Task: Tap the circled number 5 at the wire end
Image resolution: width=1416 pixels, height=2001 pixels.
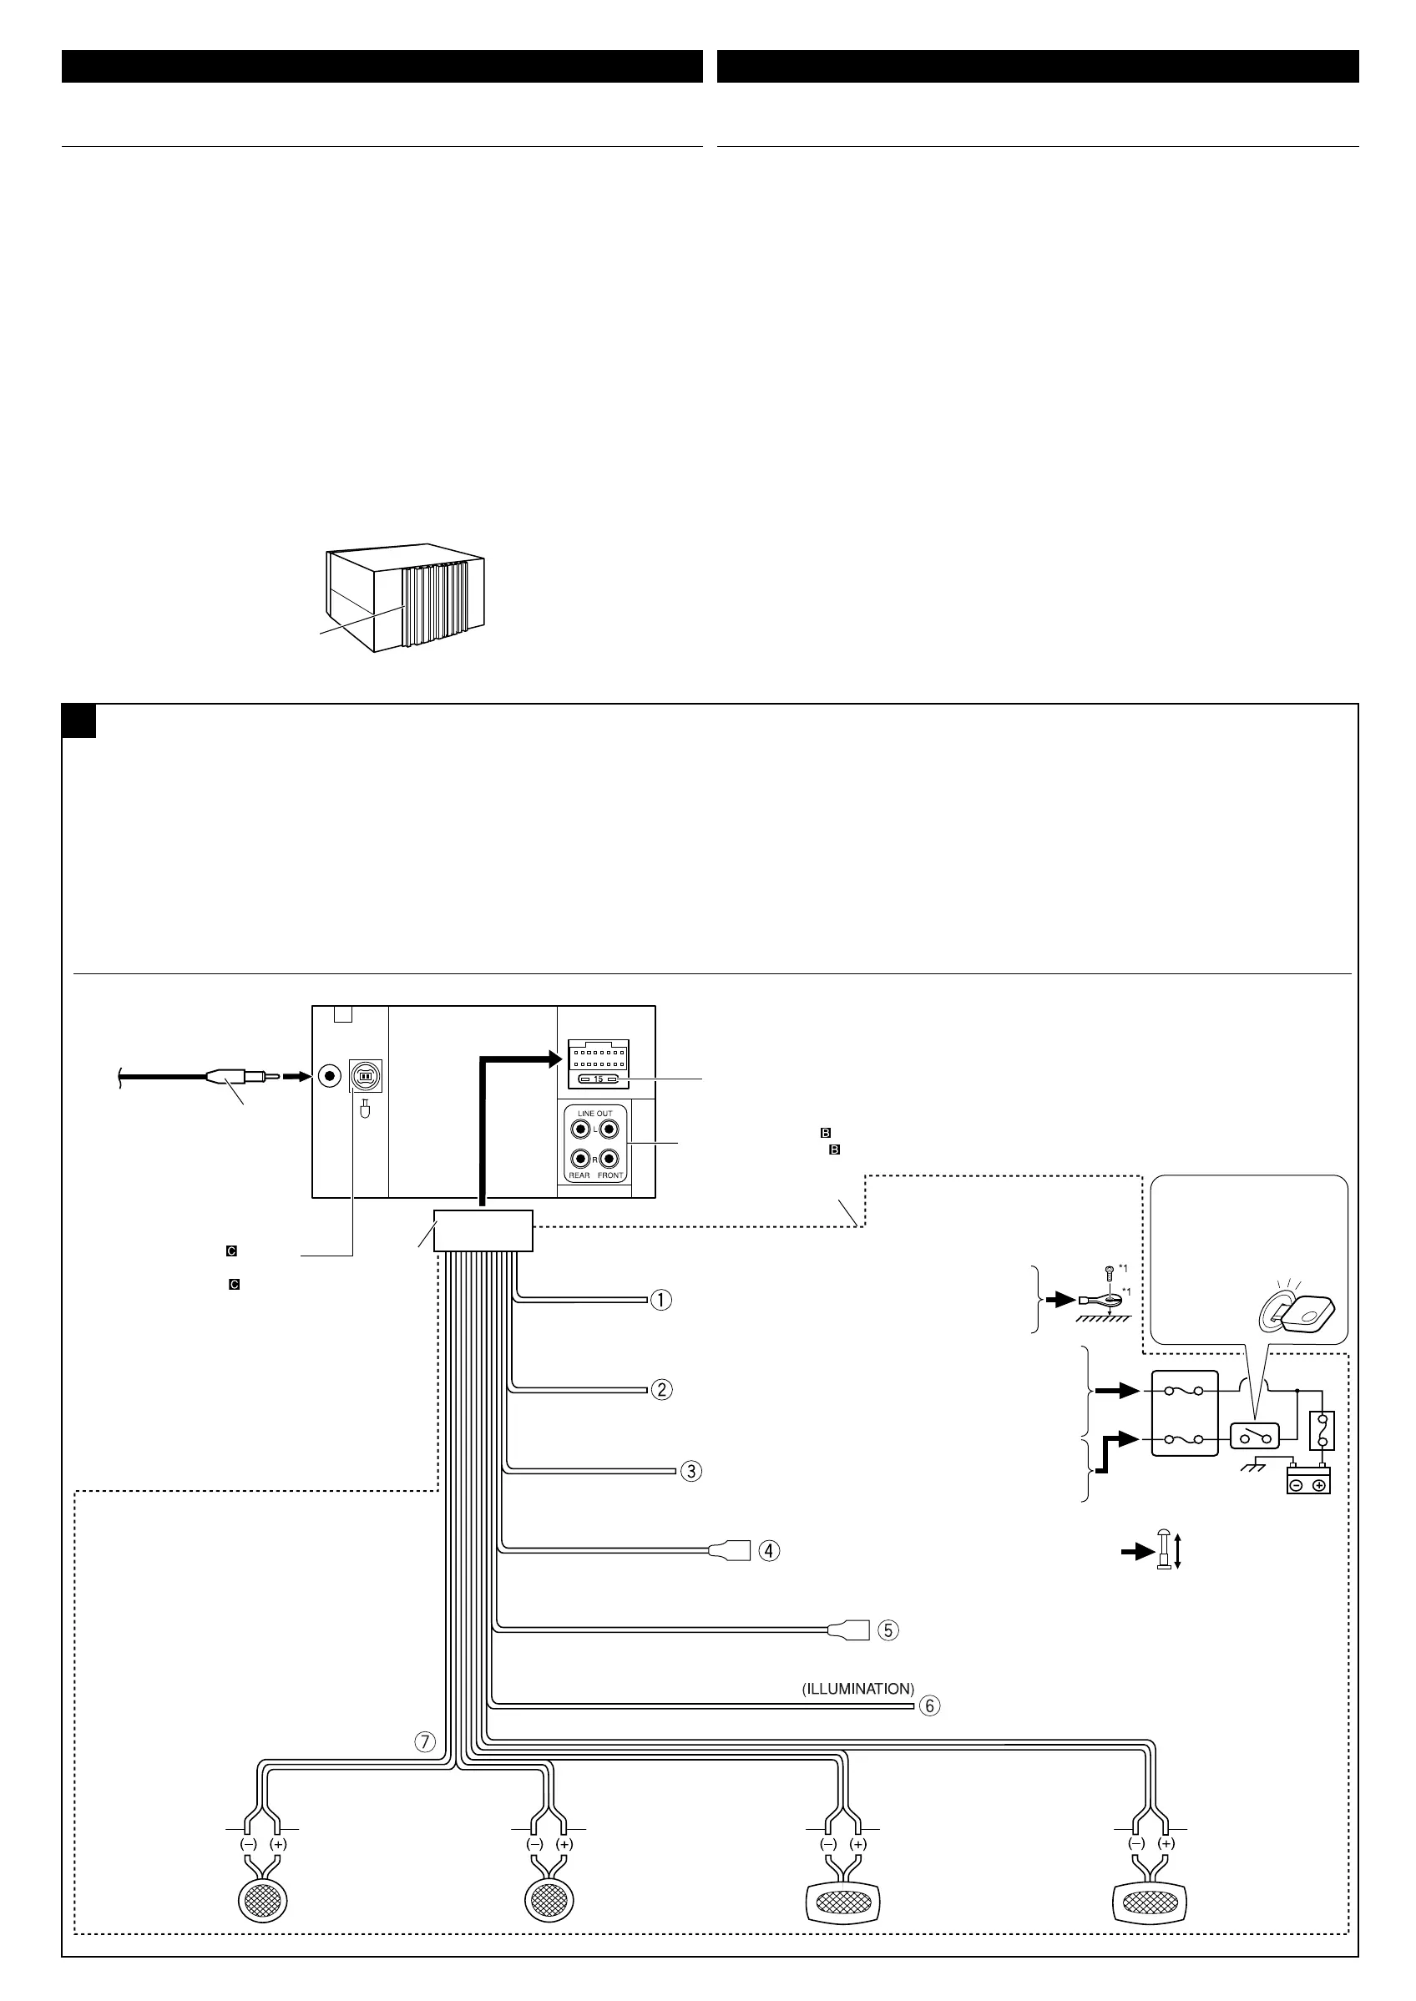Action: coord(888,1630)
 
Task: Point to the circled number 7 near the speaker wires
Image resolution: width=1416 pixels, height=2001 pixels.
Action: coord(424,1742)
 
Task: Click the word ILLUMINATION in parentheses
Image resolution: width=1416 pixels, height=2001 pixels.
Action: coord(858,1688)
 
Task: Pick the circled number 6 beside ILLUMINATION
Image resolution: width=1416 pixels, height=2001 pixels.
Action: coord(930,1705)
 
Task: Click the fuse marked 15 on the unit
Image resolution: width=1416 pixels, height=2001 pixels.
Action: coord(598,1079)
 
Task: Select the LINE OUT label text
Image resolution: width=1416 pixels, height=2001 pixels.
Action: coord(594,1114)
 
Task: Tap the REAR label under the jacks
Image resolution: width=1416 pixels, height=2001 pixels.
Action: coord(579,1175)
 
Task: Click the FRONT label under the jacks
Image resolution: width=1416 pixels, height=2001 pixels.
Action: coord(610,1175)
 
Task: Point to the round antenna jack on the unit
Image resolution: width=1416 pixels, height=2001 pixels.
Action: coord(330,1076)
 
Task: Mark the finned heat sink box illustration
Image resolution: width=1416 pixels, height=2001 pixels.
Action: coord(406,602)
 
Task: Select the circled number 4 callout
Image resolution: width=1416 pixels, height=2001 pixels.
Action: coord(769,1551)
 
